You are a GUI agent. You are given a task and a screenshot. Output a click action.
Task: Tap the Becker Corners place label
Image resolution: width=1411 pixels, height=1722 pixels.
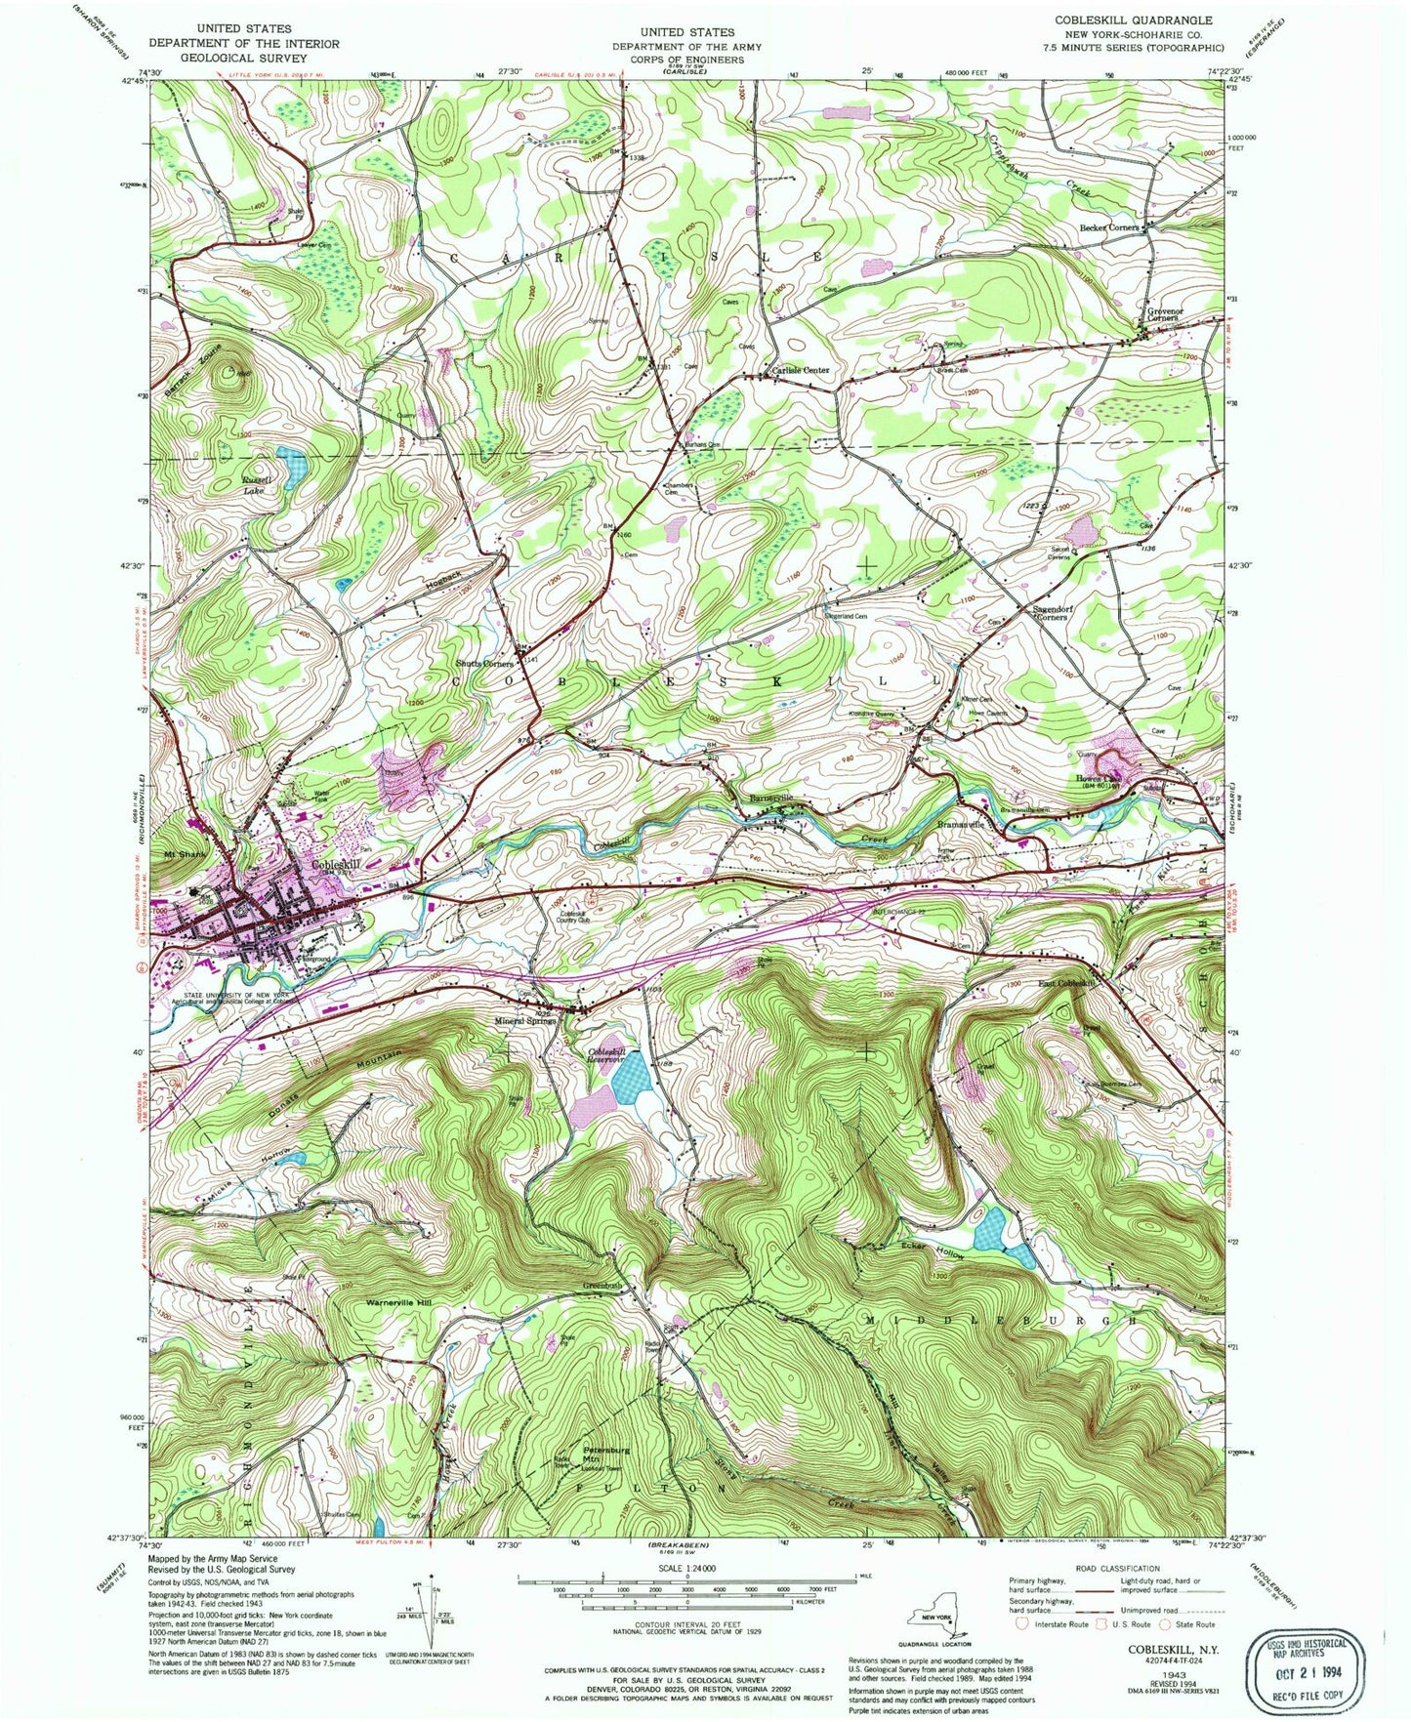pyautogui.click(x=1109, y=227)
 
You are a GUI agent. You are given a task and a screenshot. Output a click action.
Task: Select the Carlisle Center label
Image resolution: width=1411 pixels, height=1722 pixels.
pyautogui.click(x=801, y=370)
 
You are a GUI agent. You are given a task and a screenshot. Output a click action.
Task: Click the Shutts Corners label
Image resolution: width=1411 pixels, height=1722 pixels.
pyautogui.click(x=484, y=664)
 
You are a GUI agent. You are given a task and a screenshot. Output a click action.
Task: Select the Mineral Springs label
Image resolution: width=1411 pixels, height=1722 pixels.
pyautogui.click(x=525, y=1021)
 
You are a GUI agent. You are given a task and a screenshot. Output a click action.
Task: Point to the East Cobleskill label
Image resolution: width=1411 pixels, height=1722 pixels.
pyautogui.click(x=1066, y=983)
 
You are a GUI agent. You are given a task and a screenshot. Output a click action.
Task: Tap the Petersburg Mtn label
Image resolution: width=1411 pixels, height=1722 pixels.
pyautogui.click(x=605, y=1455)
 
